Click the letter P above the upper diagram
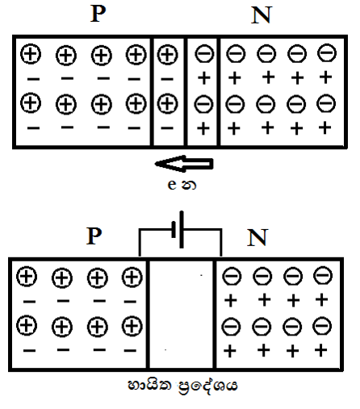(98, 14)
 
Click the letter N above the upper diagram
(262, 15)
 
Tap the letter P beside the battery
(94, 236)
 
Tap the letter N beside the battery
(257, 237)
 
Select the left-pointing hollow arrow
(184, 164)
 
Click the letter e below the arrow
(172, 185)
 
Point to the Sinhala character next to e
(189, 185)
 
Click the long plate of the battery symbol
(182, 230)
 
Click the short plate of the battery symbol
(174, 229)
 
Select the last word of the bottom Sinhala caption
(207, 386)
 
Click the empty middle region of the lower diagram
(182, 315)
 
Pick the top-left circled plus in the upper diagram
(31, 54)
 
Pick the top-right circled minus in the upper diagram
(327, 52)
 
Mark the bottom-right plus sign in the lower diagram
(320, 350)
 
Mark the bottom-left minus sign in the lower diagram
(29, 350)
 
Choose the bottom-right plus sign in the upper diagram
(324, 127)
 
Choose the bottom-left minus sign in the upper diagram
(33, 128)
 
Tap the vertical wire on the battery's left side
(140, 243)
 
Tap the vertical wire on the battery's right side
(221, 243)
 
